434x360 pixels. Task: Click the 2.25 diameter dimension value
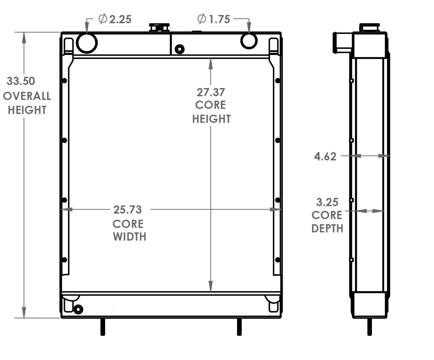[x=120, y=19]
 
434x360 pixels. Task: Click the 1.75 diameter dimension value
[x=219, y=19]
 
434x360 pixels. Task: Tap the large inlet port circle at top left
[x=87, y=43]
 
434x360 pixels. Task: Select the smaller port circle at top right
[x=249, y=40]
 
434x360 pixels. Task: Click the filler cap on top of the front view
[x=159, y=27]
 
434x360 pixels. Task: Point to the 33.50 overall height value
[x=21, y=81]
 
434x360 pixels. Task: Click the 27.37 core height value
[x=211, y=92]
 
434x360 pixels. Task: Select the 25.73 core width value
[x=127, y=210]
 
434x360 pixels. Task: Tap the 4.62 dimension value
[x=325, y=157]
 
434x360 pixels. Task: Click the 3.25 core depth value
[x=327, y=202]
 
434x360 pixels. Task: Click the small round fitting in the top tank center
[x=179, y=49]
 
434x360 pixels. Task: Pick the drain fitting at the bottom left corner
[x=78, y=309]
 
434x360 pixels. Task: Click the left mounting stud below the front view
[x=102, y=327]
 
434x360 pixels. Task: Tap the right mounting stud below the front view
[x=239, y=327]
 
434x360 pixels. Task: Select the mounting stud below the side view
[x=369, y=327]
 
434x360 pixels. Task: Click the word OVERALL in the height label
[x=27, y=96]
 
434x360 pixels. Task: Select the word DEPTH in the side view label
[x=327, y=229]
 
